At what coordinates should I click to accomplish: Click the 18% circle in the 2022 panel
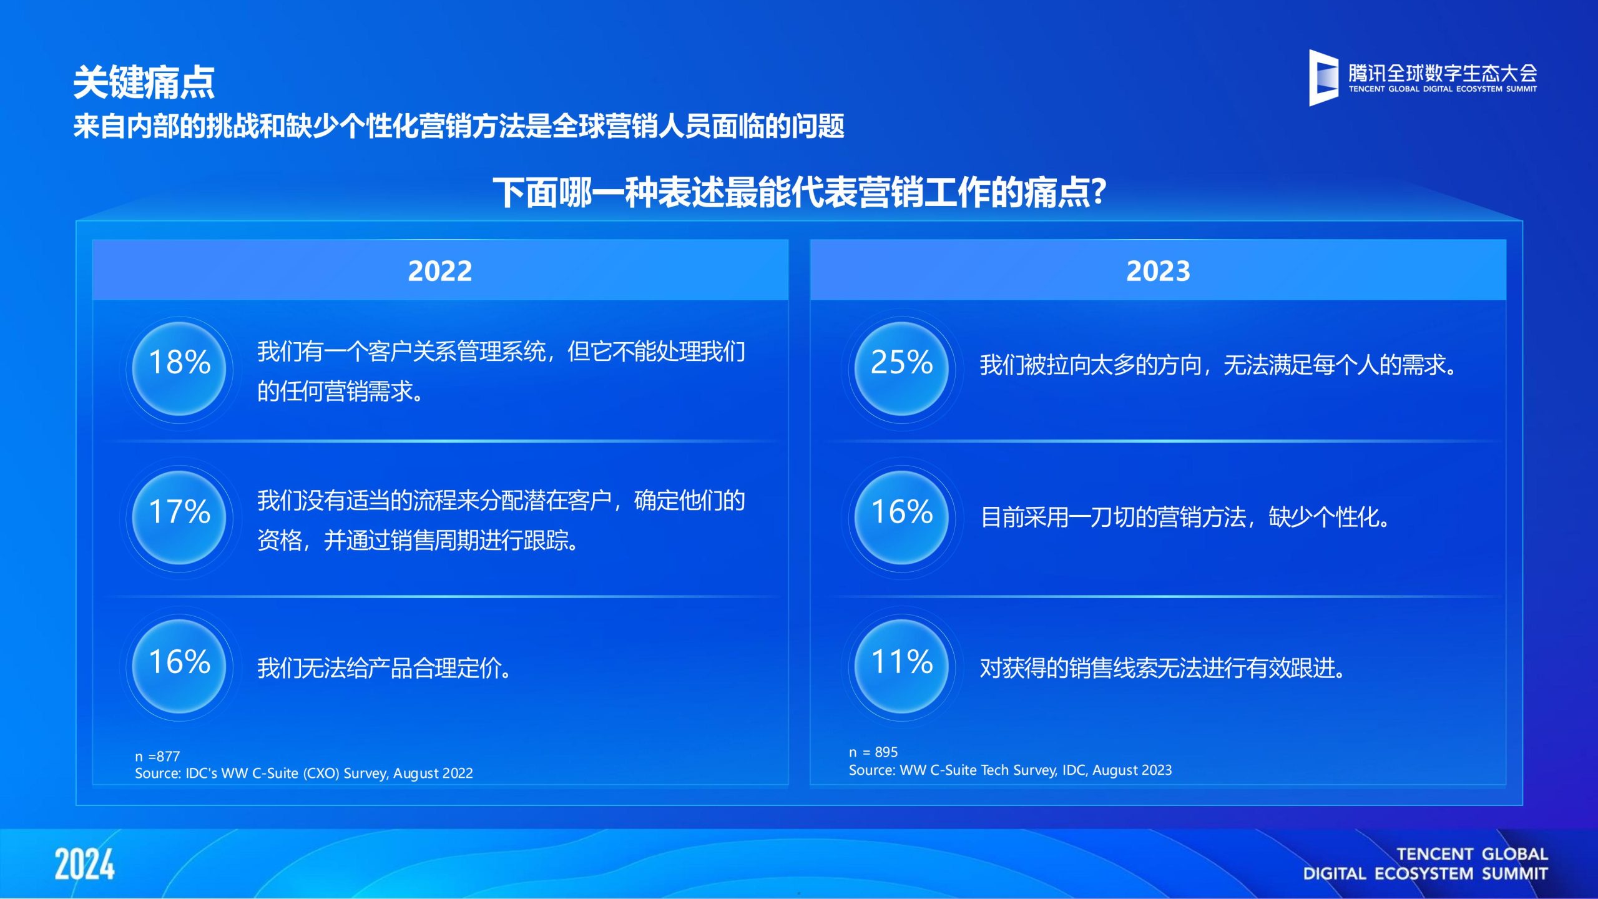point(180,368)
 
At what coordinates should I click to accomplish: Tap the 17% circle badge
point(180,518)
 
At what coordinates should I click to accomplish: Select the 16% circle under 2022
point(180,666)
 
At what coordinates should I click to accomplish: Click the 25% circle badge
point(901,368)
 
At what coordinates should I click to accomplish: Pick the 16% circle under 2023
point(901,518)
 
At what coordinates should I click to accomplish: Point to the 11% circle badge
point(901,666)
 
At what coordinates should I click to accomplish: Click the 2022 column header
point(440,270)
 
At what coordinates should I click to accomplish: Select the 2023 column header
point(1158,270)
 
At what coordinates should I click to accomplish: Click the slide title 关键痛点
point(144,82)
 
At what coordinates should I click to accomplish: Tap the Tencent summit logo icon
point(1323,77)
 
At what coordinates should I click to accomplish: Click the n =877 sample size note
point(157,756)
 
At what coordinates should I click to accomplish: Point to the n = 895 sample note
point(873,752)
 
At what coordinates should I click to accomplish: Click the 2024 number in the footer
point(84,864)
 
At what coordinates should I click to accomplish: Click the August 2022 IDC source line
point(304,773)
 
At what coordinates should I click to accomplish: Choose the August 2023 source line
point(1010,770)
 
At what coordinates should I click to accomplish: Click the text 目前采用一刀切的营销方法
point(1114,517)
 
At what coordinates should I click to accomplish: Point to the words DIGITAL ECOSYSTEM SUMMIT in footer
point(1425,873)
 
